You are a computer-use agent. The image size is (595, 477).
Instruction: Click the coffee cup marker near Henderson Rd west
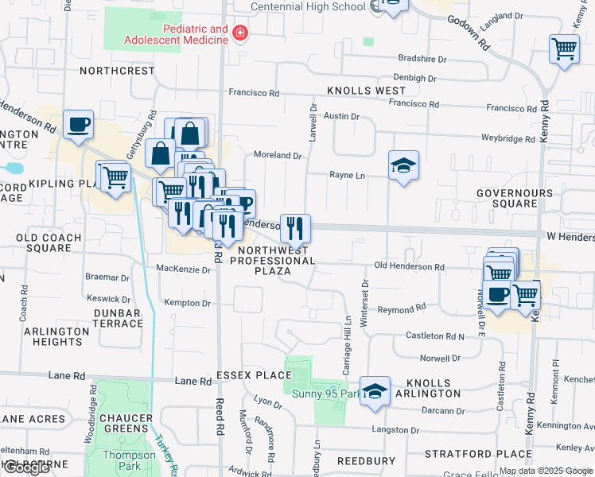79,125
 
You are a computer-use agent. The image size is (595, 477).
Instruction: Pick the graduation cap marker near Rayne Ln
403,165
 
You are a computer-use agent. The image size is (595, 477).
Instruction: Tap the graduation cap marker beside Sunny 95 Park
375,391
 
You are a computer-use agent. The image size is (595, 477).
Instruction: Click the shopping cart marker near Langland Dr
564,49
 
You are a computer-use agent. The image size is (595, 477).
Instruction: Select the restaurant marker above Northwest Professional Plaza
295,228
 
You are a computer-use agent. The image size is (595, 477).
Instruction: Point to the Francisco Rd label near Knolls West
255,92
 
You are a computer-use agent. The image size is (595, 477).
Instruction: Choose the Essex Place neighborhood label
254,374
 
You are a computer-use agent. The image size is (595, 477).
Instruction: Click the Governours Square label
514,198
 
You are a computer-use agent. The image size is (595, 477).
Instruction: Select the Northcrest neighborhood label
117,71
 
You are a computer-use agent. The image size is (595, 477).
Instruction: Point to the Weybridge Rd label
508,139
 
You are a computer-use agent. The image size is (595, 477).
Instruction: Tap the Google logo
25,467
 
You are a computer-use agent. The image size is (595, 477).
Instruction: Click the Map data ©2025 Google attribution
545,471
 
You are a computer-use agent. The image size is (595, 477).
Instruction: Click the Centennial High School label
308,6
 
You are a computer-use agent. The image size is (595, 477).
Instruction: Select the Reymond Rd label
402,308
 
